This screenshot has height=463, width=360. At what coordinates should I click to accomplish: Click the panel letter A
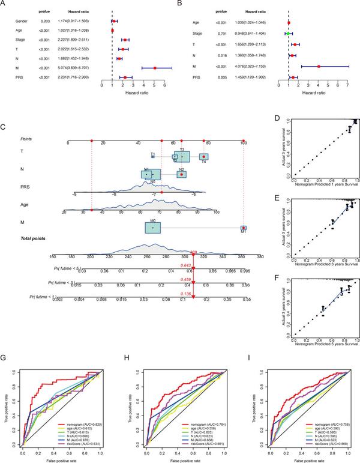click(4, 4)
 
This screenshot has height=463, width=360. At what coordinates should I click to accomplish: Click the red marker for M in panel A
click(154, 68)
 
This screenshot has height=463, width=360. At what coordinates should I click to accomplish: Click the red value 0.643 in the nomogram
click(187, 265)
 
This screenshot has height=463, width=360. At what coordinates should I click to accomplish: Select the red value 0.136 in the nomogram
click(187, 293)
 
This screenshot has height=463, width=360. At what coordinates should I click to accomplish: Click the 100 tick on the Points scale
click(243, 144)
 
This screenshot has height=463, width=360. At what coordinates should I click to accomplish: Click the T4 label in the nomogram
click(204, 162)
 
